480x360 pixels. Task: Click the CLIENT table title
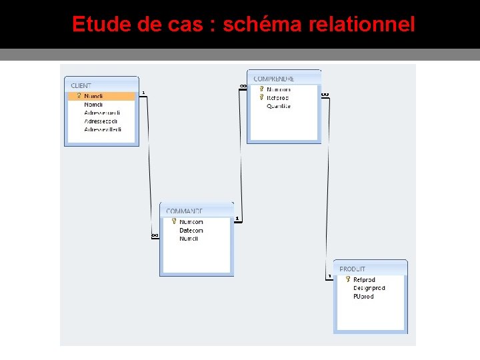click(81, 85)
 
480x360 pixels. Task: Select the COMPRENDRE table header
click(273, 79)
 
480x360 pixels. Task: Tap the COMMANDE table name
click(184, 211)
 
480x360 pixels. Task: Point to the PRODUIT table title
click(353, 269)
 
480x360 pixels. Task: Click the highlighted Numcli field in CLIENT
click(94, 96)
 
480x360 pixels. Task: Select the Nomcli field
click(93, 105)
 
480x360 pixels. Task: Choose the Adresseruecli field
click(102, 113)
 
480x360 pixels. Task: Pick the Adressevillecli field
click(103, 129)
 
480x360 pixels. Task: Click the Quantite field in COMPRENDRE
click(279, 106)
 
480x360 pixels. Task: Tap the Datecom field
click(191, 231)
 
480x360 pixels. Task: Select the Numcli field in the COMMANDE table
click(189, 239)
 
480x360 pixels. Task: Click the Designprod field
click(369, 288)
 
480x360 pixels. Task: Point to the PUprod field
click(363, 297)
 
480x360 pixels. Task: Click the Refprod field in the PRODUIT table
click(364, 280)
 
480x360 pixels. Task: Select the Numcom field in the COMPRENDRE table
click(279, 89)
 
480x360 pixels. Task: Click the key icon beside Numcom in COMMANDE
click(173, 221)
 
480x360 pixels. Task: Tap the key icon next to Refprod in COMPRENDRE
click(261, 97)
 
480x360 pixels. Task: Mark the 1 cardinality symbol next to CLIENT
click(143, 93)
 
